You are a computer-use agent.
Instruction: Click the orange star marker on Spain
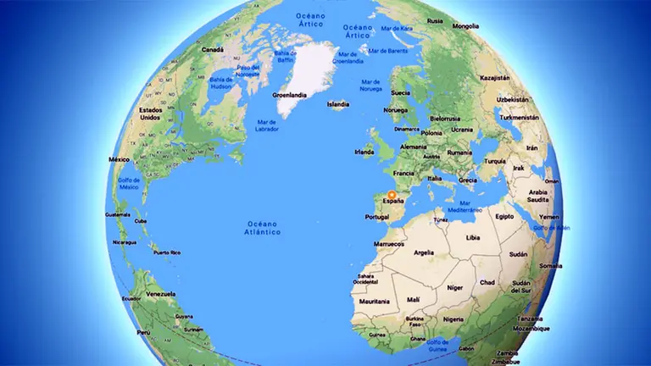[392, 194]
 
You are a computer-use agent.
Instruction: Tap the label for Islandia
[338, 105]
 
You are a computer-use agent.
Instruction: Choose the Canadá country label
[212, 49]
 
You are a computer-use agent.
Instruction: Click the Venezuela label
[162, 295]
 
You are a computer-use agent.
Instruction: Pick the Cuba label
[141, 221]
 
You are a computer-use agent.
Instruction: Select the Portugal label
[376, 217]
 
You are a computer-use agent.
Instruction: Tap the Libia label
[473, 238]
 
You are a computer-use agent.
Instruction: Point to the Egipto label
[504, 216]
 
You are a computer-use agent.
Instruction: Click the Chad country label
[487, 282]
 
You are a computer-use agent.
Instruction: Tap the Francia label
[403, 172]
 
